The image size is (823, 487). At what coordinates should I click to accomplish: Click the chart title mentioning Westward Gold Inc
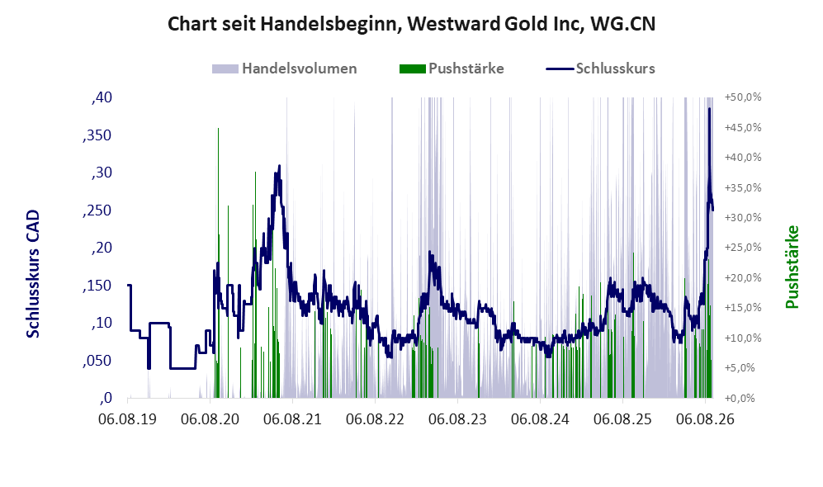pyautogui.click(x=411, y=24)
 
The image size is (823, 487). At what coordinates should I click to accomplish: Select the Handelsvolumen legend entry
pyautogui.click(x=284, y=69)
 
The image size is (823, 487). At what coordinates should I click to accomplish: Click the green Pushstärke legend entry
pyautogui.click(x=452, y=69)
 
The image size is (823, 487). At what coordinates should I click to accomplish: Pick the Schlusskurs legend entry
pyautogui.click(x=600, y=69)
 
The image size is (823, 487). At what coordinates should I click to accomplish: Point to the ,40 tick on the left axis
pyautogui.click(x=102, y=97)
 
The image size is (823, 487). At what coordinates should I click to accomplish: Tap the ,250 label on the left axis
pyautogui.click(x=97, y=210)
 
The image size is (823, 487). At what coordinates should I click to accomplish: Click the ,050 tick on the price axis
pyautogui.click(x=97, y=361)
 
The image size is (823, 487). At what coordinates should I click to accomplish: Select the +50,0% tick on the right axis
pyautogui.click(x=743, y=97)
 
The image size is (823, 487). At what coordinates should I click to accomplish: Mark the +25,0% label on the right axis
pyautogui.click(x=743, y=247)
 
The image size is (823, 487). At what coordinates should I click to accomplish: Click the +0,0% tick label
pyautogui.click(x=740, y=399)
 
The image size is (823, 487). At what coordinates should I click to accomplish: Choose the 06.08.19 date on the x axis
pyautogui.click(x=128, y=420)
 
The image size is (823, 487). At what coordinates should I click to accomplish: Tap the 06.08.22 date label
pyautogui.click(x=375, y=420)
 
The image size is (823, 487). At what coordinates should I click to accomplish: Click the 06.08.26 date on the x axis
pyautogui.click(x=705, y=420)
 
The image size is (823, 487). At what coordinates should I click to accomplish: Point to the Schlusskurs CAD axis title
pyautogui.click(x=33, y=274)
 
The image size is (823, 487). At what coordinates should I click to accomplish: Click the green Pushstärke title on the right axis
pyautogui.click(x=792, y=267)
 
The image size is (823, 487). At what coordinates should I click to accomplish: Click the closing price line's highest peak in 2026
pyautogui.click(x=709, y=109)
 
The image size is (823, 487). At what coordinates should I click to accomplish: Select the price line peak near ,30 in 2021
pyautogui.click(x=279, y=166)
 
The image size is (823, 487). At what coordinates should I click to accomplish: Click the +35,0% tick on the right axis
pyautogui.click(x=743, y=187)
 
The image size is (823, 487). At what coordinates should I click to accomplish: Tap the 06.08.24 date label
pyautogui.click(x=540, y=420)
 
